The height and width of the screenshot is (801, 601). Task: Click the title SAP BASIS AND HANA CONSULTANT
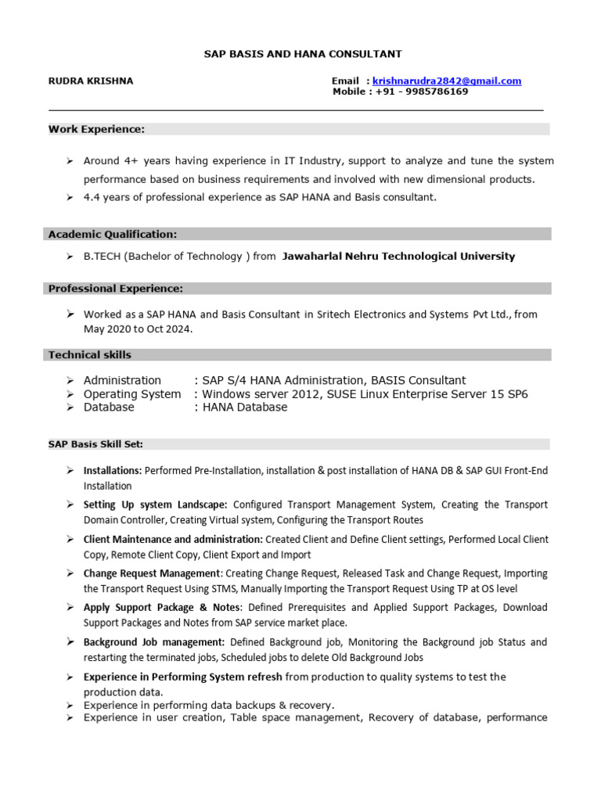point(303,54)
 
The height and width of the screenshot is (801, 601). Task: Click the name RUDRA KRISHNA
point(91,81)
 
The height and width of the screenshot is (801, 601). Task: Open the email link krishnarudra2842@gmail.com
point(447,81)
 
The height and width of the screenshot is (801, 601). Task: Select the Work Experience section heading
point(96,129)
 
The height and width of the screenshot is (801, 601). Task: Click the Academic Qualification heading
point(113,234)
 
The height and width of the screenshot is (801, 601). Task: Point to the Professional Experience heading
point(116,289)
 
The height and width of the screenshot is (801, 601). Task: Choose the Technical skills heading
point(90,354)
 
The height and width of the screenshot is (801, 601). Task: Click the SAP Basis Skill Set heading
point(95,444)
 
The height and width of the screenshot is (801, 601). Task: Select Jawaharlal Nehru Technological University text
point(398,256)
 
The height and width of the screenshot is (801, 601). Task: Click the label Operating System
point(131,394)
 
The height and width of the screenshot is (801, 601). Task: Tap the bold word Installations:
point(113,470)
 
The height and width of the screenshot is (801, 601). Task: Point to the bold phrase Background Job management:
point(154,642)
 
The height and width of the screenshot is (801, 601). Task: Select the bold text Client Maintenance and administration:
point(173,539)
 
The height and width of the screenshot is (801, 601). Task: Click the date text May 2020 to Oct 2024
point(138,329)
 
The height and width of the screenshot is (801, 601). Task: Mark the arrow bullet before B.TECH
point(69,257)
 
